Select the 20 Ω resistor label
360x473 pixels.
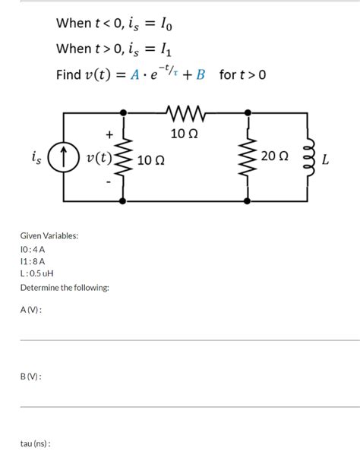pos(273,156)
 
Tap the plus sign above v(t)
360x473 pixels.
pos(109,134)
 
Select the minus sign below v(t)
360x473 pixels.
pos(109,183)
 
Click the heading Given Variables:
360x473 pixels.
pos(49,236)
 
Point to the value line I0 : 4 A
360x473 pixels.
pos(33,248)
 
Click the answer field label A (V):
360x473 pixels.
pos(31,310)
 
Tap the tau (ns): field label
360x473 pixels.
pos(35,443)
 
